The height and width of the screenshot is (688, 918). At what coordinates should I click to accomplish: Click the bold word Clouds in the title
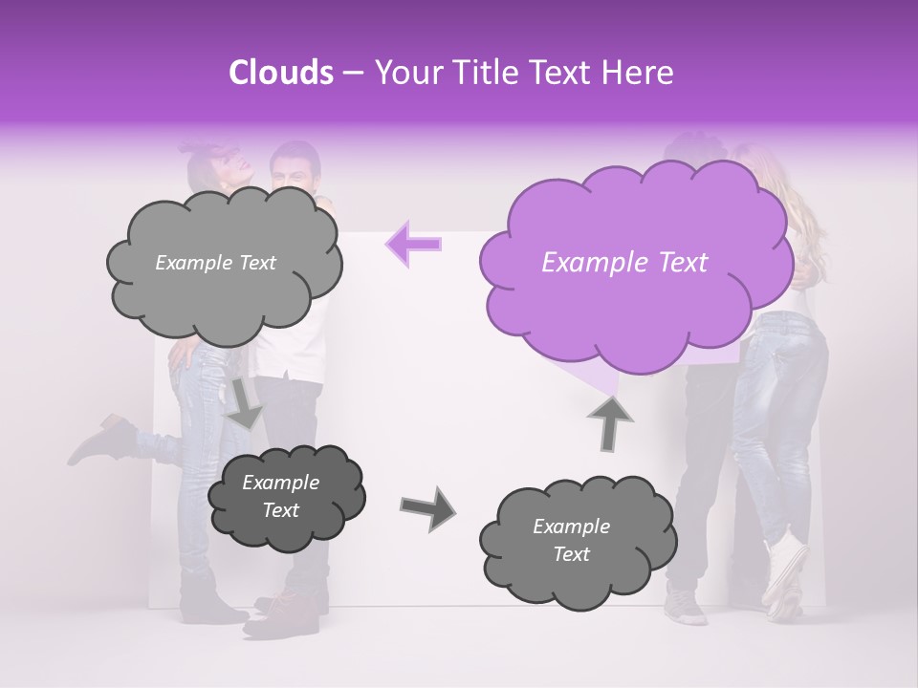tap(281, 73)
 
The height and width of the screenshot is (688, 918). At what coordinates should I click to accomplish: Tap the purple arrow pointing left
tap(413, 244)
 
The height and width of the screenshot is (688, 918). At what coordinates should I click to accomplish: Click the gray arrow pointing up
tap(609, 420)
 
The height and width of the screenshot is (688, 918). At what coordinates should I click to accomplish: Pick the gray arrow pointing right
tap(426, 508)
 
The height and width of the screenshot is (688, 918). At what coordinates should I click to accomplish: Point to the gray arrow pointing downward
tap(244, 401)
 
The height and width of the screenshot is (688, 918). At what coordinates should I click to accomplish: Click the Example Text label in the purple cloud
tap(624, 263)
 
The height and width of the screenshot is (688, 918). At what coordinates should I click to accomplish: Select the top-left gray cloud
tap(223, 263)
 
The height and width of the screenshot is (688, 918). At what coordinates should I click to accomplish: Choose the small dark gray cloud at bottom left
tap(285, 497)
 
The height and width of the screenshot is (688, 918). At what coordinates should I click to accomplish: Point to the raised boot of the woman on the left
tap(100, 441)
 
